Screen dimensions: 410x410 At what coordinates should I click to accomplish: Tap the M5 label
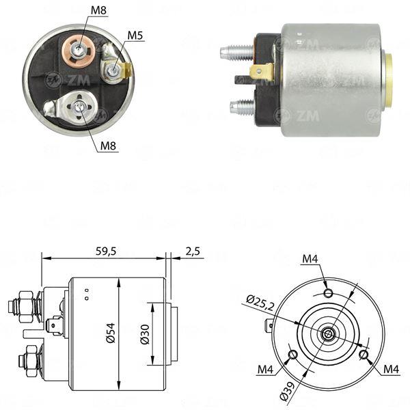(x=135, y=35)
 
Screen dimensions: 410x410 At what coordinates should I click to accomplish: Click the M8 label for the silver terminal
(x=108, y=144)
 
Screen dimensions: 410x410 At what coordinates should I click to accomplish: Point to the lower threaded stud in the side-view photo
(x=241, y=106)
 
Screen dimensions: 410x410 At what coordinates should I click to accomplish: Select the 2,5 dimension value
(x=193, y=251)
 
